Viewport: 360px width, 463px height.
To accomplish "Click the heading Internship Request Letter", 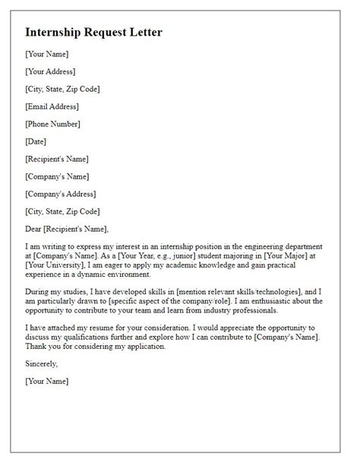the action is pos(94,33).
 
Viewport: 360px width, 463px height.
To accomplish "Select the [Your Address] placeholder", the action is pos(50,71).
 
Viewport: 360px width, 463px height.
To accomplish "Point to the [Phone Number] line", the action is pos(52,124).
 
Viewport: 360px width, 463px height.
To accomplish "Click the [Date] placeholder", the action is pos(36,141).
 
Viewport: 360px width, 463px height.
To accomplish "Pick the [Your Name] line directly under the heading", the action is pos(47,54).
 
